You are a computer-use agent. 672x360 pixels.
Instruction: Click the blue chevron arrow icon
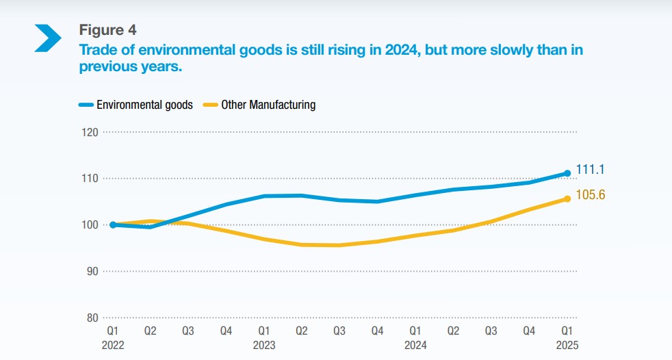coord(48,37)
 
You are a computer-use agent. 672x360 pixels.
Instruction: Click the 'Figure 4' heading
coord(107,29)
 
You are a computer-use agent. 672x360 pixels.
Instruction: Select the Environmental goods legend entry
coord(136,105)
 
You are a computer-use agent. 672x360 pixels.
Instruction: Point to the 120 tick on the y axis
coord(90,132)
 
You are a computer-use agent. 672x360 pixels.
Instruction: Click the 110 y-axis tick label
coord(90,178)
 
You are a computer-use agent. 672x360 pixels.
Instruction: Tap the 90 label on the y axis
coord(92,271)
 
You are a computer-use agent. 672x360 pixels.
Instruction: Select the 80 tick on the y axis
coord(92,318)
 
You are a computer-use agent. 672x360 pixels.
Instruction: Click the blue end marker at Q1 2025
coord(567,173)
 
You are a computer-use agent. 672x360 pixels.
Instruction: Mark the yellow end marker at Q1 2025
coord(567,198)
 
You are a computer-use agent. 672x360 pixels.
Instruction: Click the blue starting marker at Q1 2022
coord(113,224)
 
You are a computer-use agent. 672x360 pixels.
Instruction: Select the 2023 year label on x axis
coord(264,345)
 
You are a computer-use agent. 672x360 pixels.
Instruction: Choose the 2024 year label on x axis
coord(415,345)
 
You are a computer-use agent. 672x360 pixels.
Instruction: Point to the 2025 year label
coord(567,345)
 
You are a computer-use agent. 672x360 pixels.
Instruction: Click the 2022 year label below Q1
coord(113,345)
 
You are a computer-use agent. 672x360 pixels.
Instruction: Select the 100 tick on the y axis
coord(90,224)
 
